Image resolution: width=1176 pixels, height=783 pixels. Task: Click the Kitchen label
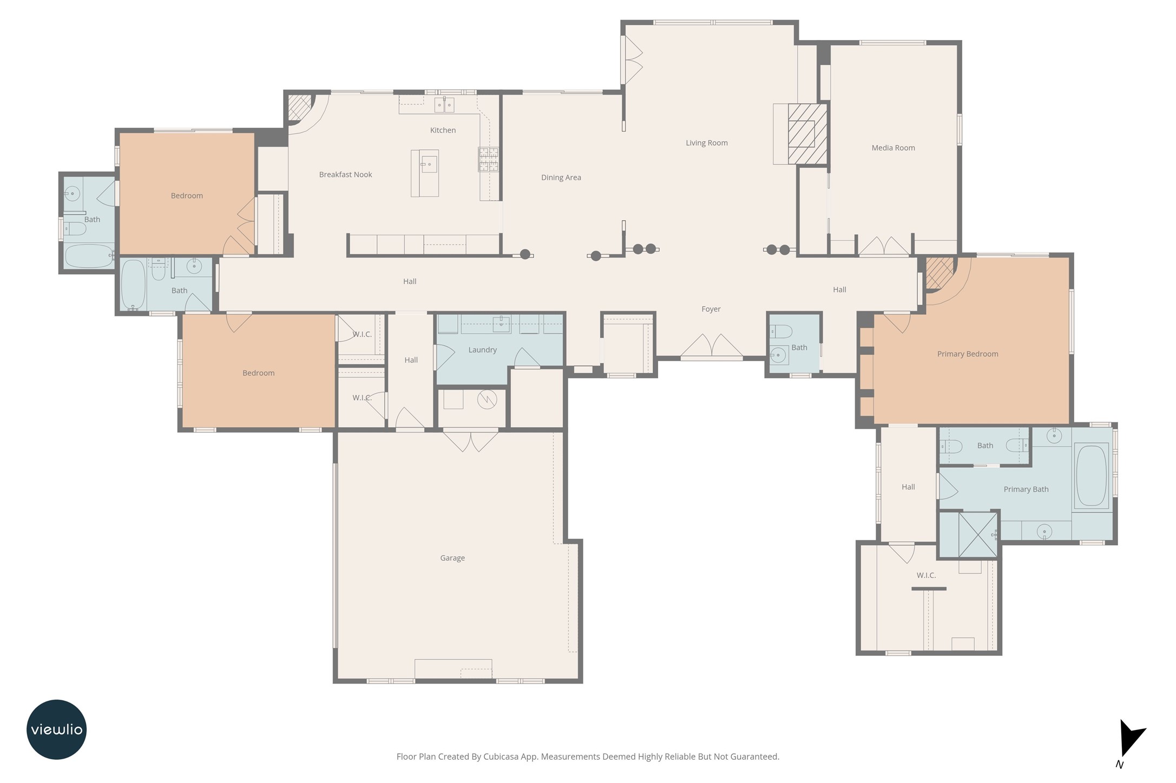(x=443, y=130)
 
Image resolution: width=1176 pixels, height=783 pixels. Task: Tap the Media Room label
(x=893, y=148)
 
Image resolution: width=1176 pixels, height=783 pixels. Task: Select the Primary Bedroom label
(x=968, y=354)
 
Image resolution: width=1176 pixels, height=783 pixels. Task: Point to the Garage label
(x=452, y=558)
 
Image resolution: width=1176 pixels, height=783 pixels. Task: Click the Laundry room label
(x=482, y=350)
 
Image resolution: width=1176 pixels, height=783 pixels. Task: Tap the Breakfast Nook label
(x=345, y=175)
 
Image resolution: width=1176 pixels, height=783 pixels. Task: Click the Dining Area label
(x=561, y=177)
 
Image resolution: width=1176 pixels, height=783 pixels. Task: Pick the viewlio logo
(x=56, y=729)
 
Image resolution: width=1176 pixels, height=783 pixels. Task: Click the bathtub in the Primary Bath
(x=1091, y=475)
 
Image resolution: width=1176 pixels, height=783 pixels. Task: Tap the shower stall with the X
(x=977, y=534)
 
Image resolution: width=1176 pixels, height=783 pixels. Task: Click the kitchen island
(x=425, y=173)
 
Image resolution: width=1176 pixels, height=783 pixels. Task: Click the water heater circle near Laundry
(x=487, y=400)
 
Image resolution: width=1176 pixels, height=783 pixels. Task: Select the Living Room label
(x=706, y=143)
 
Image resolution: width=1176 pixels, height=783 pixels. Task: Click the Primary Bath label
(x=1026, y=489)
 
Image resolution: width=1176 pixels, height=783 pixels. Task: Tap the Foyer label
(x=711, y=309)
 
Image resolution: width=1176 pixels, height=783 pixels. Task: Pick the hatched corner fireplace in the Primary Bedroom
(x=940, y=273)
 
